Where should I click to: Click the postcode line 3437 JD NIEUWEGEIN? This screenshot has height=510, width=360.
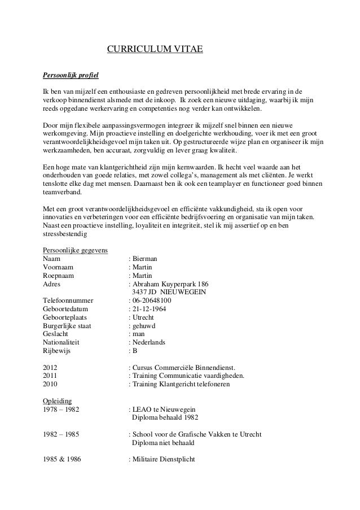169,292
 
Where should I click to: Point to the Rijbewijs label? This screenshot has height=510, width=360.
58,351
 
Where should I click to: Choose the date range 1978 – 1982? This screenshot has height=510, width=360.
61,409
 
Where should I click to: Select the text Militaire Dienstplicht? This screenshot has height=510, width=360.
163,459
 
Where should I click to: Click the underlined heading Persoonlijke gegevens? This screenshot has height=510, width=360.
76,250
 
